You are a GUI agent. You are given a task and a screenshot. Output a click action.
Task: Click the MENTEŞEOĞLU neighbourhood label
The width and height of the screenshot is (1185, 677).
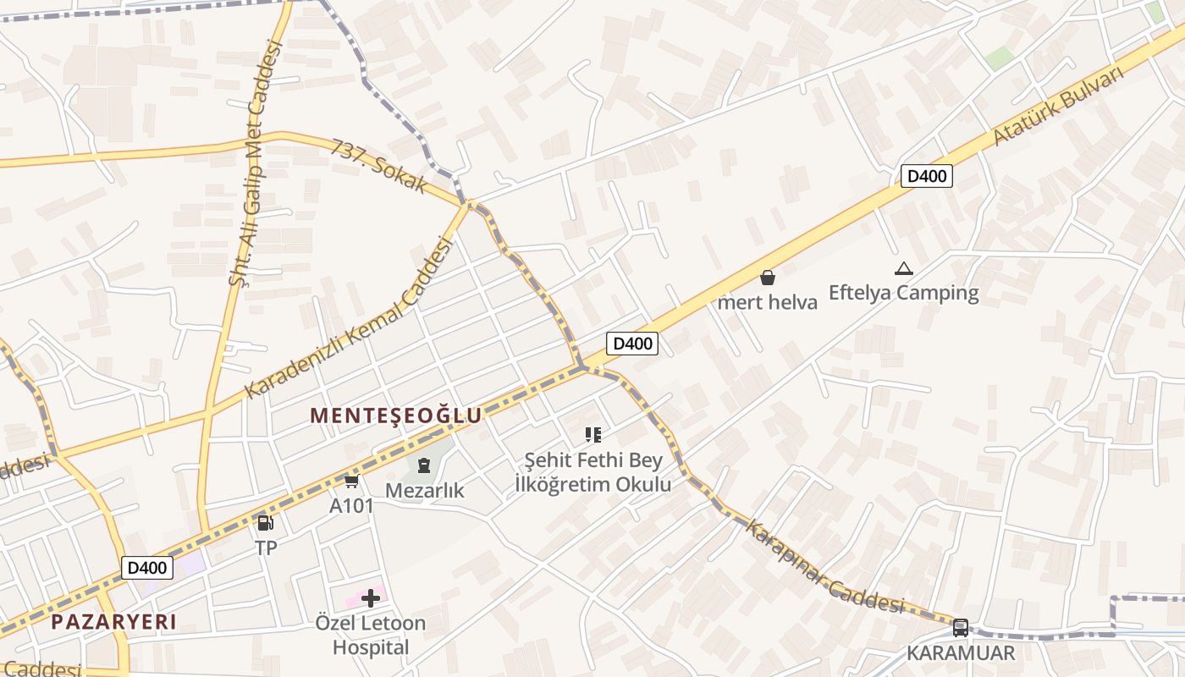(395, 416)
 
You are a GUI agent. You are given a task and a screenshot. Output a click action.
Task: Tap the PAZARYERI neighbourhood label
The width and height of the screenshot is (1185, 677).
(113, 622)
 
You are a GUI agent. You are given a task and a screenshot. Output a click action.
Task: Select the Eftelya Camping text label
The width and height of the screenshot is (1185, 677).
(903, 293)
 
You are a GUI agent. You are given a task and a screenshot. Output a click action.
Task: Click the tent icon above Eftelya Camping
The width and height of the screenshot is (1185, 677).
(903, 269)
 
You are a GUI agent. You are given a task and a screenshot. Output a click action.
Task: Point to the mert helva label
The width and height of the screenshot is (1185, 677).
(767, 302)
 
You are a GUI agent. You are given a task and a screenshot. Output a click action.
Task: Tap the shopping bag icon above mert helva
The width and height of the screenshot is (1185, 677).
(767, 277)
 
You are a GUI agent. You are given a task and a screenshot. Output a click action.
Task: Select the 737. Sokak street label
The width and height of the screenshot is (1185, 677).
(379, 166)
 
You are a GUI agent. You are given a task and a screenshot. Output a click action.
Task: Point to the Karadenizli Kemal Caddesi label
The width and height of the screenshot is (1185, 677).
(349, 317)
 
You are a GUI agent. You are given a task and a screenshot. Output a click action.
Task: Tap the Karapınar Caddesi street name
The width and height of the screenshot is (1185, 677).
(824, 565)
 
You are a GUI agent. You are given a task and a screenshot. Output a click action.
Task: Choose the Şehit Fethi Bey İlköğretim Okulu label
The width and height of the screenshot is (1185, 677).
(593, 472)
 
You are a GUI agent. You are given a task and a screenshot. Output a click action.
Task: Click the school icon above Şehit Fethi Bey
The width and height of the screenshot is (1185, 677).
(593, 435)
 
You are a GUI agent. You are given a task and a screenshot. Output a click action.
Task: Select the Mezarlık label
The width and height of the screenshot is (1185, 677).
(424, 490)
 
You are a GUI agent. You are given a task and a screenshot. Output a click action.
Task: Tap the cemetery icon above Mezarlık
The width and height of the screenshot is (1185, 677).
(424, 465)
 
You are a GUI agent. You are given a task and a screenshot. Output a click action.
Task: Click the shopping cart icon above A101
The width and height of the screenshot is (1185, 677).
(351, 482)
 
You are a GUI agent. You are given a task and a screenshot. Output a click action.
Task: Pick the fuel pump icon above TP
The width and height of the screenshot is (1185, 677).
(265, 523)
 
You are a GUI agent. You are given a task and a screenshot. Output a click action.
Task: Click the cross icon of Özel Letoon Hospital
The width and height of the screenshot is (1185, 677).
(370, 598)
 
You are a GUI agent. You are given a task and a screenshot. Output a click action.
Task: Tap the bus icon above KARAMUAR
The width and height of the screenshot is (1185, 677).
(960, 628)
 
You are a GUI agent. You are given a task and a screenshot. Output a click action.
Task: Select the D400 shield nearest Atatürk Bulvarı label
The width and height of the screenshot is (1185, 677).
(926, 176)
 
